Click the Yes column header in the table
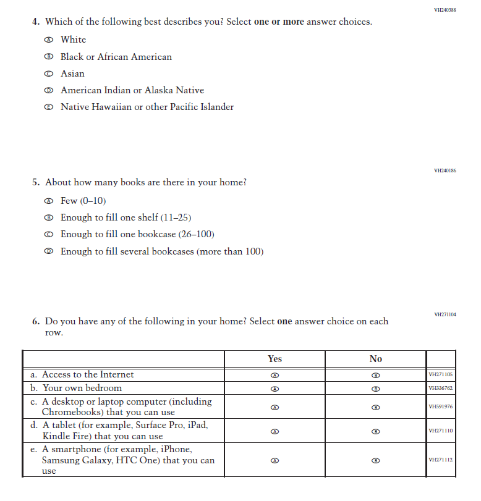(x=275, y=359)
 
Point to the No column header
(x=375, y=359)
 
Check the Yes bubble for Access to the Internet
(x=275, y=376)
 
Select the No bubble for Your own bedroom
(x=375, y=389)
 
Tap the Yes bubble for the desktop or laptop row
(x=275, y=407)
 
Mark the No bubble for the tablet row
(x=375, y=431)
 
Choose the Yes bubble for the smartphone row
(x=275, y=461)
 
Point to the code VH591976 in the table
(x=441, y=407)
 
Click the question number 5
(x=36, y=183)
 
